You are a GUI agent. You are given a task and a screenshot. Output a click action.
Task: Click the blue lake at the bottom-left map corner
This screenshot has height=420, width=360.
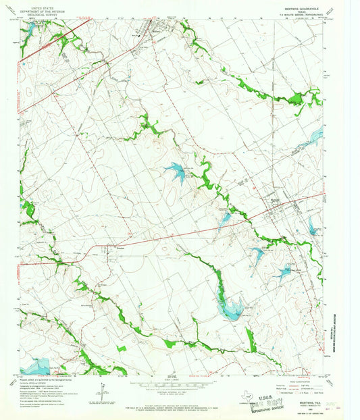34,365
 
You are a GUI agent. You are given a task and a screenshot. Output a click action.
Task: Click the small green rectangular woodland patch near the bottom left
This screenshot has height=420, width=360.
121,348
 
